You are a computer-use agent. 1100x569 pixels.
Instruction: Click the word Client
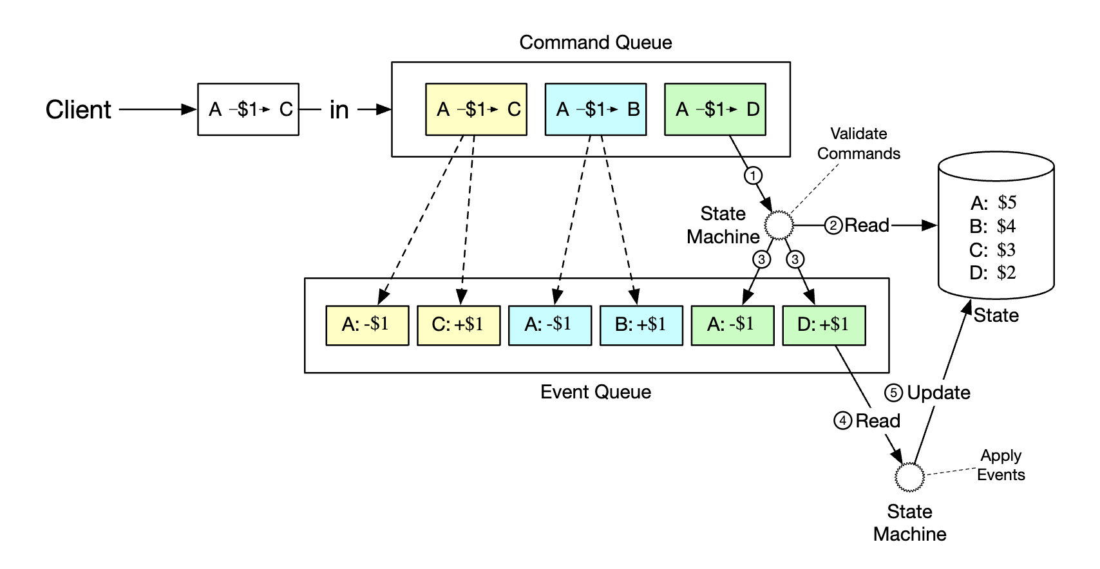tap(79, 110)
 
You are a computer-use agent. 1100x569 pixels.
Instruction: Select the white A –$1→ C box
tap(248, 109)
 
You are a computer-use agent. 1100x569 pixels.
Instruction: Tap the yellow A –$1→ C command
tap(476, 109)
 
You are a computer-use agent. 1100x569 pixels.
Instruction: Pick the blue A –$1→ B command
tap(596, 109)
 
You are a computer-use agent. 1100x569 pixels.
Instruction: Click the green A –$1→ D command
tap(715, 109)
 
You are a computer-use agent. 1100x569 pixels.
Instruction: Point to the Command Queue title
tap(596, 42)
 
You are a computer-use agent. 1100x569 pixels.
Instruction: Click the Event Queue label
tap(596, 392)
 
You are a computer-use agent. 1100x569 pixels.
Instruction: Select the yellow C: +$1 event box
tap(459, 325)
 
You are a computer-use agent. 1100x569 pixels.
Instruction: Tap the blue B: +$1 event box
tap(641, 325)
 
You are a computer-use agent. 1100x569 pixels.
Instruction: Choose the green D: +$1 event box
tap(824, 325)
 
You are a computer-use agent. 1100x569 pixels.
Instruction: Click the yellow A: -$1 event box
tap(367, 325)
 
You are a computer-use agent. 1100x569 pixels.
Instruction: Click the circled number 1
tap(753, 175)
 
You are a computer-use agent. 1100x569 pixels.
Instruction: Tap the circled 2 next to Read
tap(833, 225)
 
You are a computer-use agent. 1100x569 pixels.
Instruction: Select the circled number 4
tap(842, 421)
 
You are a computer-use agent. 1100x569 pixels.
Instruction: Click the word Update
tap(938, 393)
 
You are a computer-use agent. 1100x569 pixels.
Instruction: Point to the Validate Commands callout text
tap(858, 144)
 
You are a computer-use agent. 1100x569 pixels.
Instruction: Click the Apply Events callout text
tap(1001, 465)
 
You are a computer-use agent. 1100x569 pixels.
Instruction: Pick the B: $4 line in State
tap(992, 227)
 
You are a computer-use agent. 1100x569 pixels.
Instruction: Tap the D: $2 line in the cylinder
tap(992, 273)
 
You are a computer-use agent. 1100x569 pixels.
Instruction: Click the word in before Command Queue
tap(339, 110)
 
